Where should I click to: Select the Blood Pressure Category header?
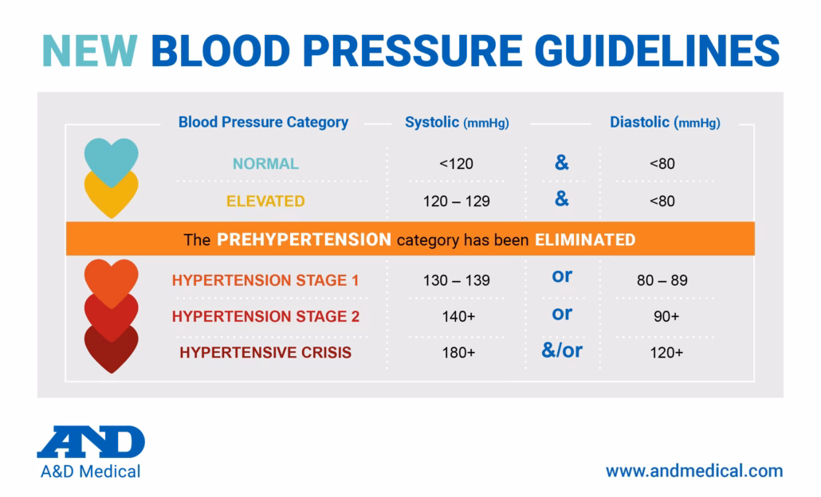pos(263,123)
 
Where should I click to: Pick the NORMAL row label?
pos(265,164)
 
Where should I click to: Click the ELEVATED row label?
pos(265,202)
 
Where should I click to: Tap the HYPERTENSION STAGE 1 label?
pos(265,280)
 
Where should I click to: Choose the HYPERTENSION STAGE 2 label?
pos(265,316)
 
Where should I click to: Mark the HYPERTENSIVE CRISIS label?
pos(265,352)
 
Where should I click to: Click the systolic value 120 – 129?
pos(457,202)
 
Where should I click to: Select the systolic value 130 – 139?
pos(457,280)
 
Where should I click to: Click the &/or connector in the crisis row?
pos(562,350)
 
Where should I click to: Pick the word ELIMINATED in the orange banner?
pos(585,240)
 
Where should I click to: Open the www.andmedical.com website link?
pos(693,471)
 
